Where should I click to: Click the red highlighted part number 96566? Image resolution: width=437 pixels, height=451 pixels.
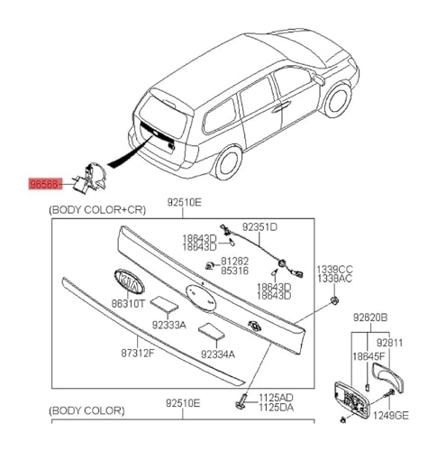coord(46,181)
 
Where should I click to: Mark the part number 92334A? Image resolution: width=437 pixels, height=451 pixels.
coord(217,354)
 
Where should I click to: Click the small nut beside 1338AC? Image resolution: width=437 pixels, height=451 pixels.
coord(333,299)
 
